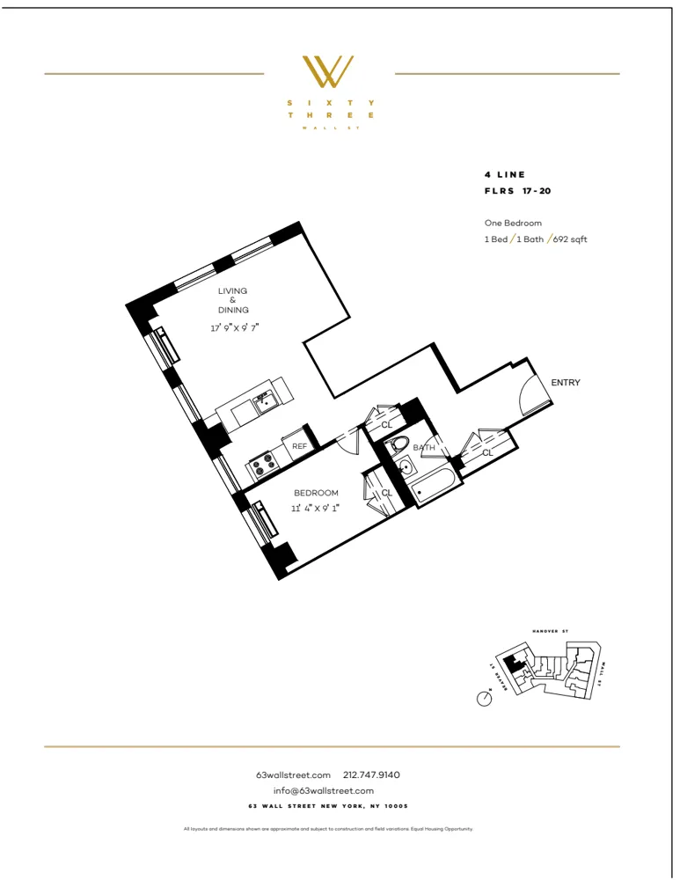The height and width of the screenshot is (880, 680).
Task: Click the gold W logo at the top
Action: click(x=328, y=72)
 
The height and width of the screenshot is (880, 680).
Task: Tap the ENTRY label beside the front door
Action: click(x=565, y=383)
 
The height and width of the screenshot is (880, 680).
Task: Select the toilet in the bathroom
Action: click(x=400, y=444)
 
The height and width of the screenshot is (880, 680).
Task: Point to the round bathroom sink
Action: click(x=404, y=467)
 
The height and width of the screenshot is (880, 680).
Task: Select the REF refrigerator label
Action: click(x=299, y=447)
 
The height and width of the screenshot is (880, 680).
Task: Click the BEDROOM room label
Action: click(x=316, y=493)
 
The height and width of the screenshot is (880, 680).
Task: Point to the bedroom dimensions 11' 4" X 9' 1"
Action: click(x=316, y=508)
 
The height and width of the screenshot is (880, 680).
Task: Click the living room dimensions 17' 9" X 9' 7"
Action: click(x=234, y=327)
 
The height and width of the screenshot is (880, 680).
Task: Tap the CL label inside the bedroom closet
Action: click(x=386, y=493)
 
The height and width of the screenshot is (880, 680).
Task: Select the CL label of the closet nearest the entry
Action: click(x=486, y=452)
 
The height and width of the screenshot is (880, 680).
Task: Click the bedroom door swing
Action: click(x=347, y=440)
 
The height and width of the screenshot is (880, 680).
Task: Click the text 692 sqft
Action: click(x=572, y=239)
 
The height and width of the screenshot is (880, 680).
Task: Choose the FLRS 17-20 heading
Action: click(x=517, y=190)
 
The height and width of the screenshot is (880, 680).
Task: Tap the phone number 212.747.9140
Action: click(x=371, y=775)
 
